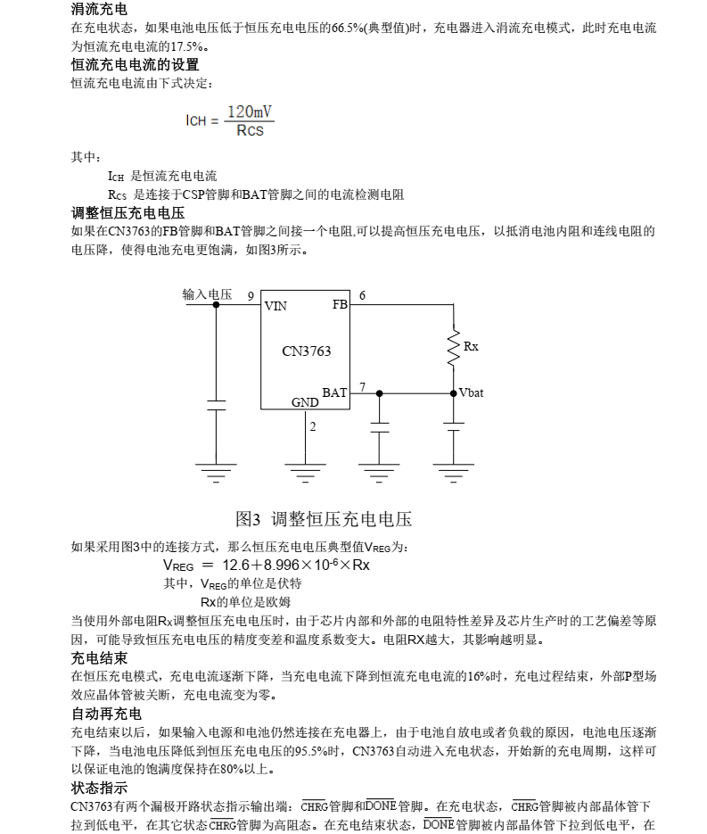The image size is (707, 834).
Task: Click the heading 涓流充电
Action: (99, 10)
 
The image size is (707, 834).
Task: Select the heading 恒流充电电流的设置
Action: (135, 64)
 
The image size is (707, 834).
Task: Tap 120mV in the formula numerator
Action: (250, 111)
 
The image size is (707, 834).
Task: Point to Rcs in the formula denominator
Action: (250, 131)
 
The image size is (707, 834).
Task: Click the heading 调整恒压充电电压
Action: (127, 212)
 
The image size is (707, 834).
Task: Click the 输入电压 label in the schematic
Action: (207, 294)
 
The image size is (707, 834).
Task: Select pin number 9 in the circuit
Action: (251, 296)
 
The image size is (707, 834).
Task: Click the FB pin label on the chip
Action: (340, 304)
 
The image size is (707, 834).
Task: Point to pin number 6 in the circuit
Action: (362, 295)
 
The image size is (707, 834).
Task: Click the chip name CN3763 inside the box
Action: (306, 351)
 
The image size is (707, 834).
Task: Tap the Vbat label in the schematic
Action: (471, 392)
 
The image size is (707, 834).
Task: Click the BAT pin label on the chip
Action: (334, 392)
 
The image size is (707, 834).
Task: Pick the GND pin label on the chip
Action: (305, 402)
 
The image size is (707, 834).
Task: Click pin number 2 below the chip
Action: (312, 426)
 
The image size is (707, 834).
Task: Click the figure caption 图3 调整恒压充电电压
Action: (323, 518)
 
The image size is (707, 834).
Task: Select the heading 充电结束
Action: (99, 657)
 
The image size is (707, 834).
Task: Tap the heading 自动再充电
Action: (106, 714)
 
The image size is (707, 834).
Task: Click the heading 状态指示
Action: (99, 788)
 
